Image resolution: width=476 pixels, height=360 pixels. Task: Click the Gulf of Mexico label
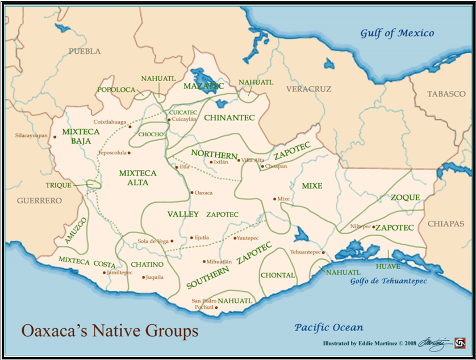click(x=397, y=33)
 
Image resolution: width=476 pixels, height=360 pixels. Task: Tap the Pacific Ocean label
click(x=329, y=327)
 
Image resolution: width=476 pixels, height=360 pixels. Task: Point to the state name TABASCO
click(x=446, y=94)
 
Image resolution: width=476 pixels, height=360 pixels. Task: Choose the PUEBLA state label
click(x=85, y=52)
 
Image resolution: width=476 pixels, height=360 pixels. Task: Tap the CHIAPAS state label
click(x=446, y=224)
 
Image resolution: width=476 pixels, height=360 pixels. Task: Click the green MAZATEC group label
click(x=203, y=86)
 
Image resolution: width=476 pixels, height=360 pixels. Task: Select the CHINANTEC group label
click(x=229, y=118)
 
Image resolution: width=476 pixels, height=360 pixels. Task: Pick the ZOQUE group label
click(x=405, y=198)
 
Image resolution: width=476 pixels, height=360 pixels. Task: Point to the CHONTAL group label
click(x=278, y=275)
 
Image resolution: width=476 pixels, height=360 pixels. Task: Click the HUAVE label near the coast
click(x=388, y=266)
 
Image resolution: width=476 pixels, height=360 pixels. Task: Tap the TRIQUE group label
click(x=59, y=185)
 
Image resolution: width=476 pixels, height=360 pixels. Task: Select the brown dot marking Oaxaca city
click(x=191, y=193)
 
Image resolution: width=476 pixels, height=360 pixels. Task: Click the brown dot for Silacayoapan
click(x=55, y=136)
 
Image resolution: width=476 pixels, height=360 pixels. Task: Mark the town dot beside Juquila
click(x=143, y=278)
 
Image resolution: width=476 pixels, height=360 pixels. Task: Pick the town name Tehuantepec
click(x=306, y=252)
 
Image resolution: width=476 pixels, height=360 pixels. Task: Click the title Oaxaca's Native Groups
click(x=110, y=330)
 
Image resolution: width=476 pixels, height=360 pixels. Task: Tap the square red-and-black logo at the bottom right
click(x=460, y=343)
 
